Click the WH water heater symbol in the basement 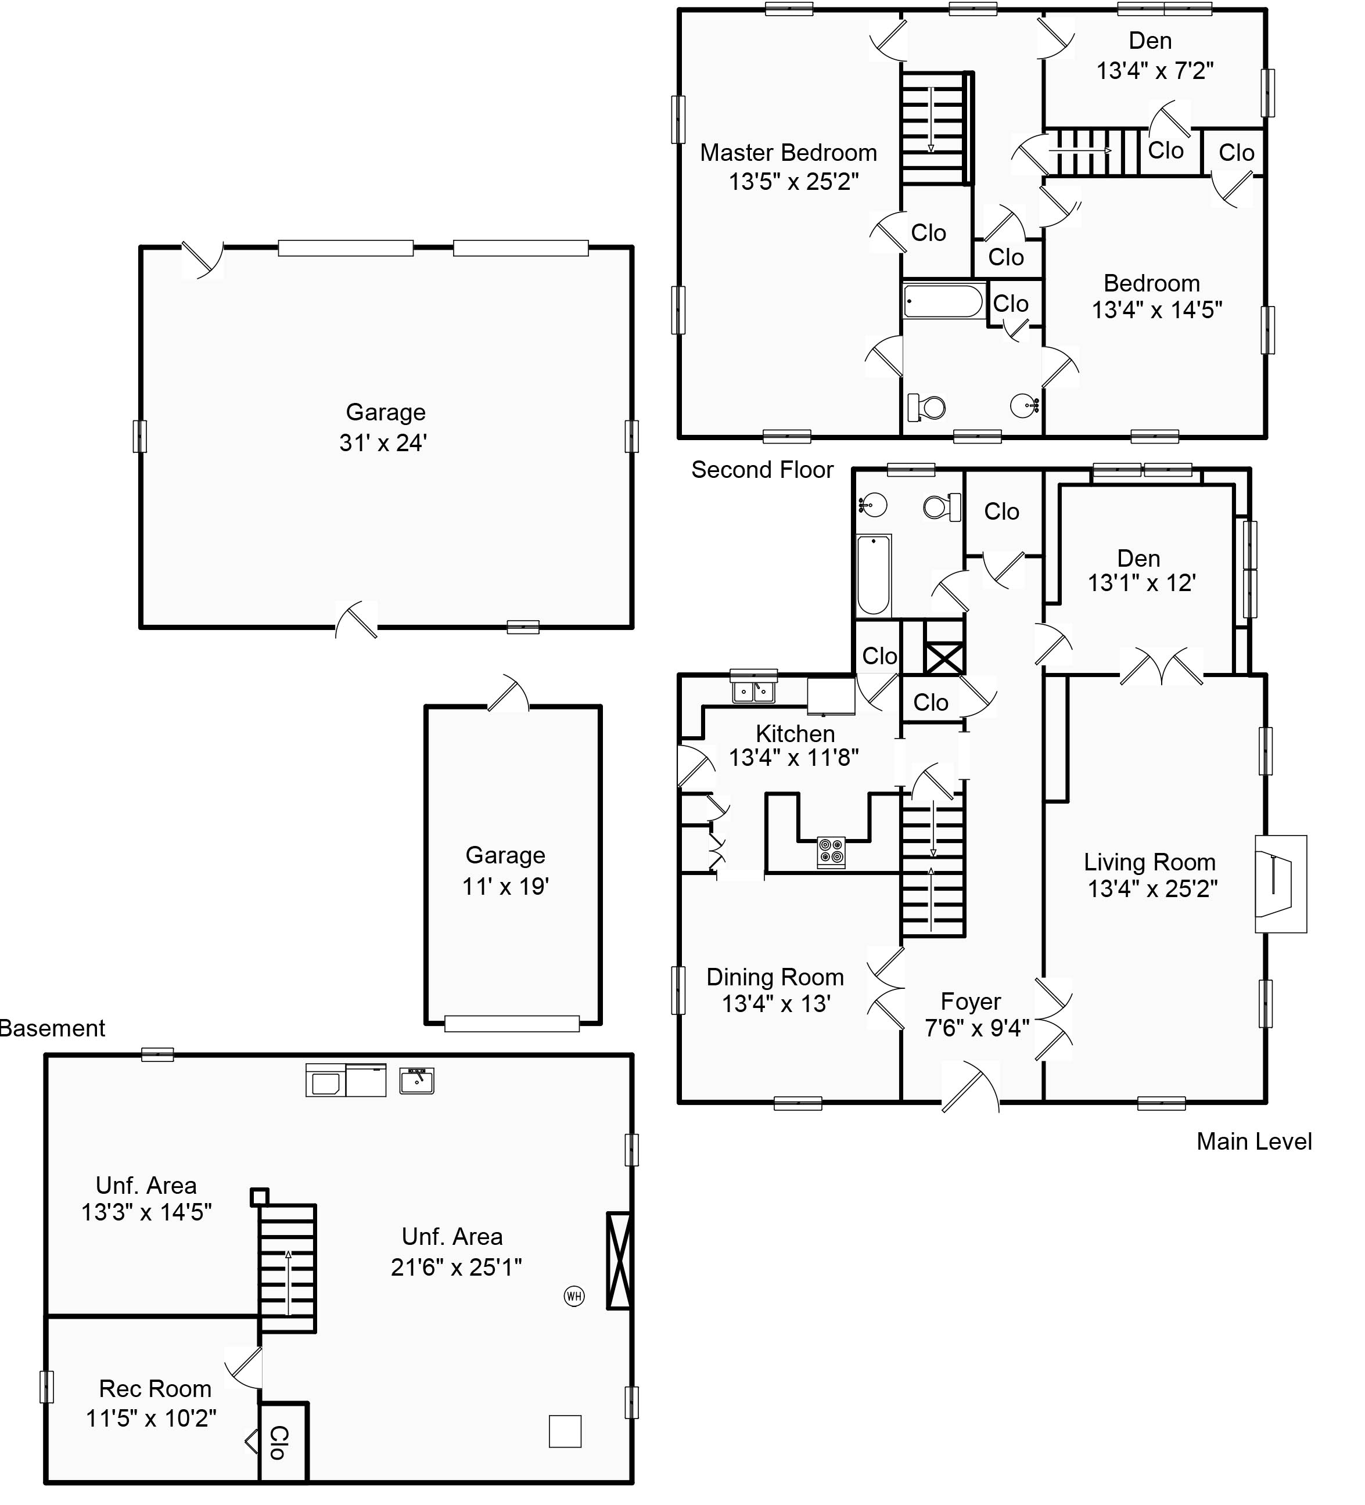(573, 1296)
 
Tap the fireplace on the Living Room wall (1279, 883)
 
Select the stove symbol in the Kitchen (831, 852)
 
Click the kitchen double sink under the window (753, 693)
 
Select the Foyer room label (971, 1001)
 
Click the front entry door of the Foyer (970, 1088)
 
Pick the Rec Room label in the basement (155, 1388)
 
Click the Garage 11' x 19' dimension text (505, 886)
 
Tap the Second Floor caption (761, 470)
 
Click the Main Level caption (1253, 1142)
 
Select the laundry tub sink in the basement (416, 1080)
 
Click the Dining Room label (775, 977)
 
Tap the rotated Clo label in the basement (278, 1442)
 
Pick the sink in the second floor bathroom (1023, 406)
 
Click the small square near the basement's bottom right (565, 1431)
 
